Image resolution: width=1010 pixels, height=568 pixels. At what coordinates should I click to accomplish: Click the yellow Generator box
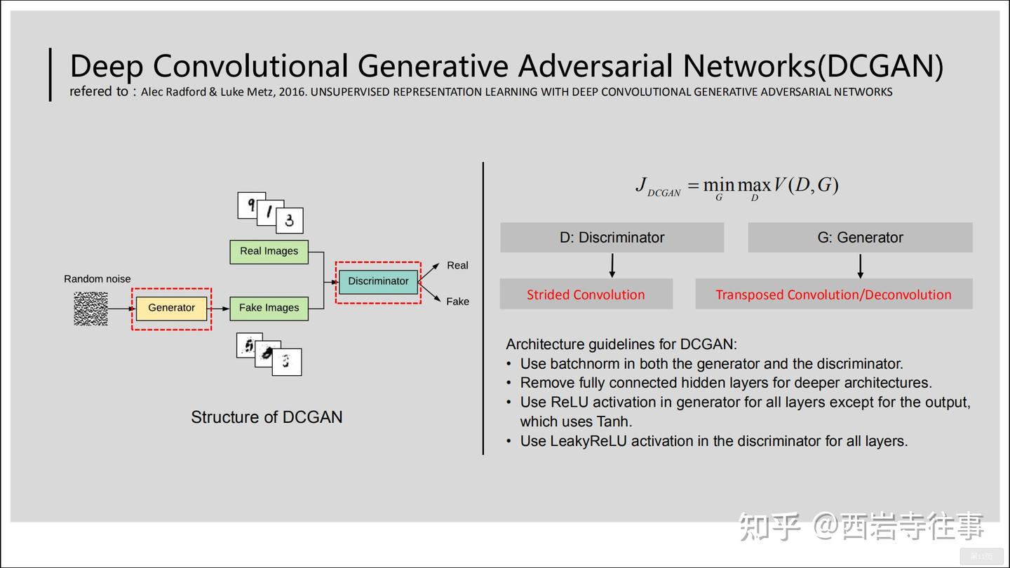click(x=171, y=309)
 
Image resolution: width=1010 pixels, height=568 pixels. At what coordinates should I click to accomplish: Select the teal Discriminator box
click(x=378, y=282)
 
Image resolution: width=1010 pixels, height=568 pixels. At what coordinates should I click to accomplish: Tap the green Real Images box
click(x=269, y=252)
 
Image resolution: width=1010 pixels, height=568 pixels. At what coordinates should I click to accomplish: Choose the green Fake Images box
click(x=269, y=309)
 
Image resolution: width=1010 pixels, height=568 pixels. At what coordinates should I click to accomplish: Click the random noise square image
click(x=90, y=309)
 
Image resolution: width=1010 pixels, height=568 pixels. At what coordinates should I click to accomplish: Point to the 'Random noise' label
click(x=97, y=279)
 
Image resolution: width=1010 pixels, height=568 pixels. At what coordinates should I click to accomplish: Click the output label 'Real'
click(x=457, y=266)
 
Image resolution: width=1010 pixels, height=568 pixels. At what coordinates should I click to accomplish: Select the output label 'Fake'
click(x=457, y=302)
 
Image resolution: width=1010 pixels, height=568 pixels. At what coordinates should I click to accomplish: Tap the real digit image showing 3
click(x=290, y=220)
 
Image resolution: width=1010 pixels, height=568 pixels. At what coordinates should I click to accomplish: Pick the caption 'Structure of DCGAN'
click(x=267, y=417)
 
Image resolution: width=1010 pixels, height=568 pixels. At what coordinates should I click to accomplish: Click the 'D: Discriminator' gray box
click(x=612, y=237)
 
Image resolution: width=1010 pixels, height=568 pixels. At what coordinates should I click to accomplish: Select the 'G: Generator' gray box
click(x=861, y=237)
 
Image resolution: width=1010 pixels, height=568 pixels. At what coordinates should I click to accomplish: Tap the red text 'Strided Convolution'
click(x=586, y=295)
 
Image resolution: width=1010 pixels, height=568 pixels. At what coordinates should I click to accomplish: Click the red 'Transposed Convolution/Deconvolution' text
click(x=833, y=295)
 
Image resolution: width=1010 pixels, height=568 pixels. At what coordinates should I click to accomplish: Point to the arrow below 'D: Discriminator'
click(x=612, y=266)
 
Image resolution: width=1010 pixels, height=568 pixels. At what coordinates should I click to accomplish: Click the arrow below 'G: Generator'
click(x=861, y=266)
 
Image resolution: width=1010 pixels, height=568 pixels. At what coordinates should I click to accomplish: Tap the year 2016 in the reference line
click(x=292, y=92)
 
